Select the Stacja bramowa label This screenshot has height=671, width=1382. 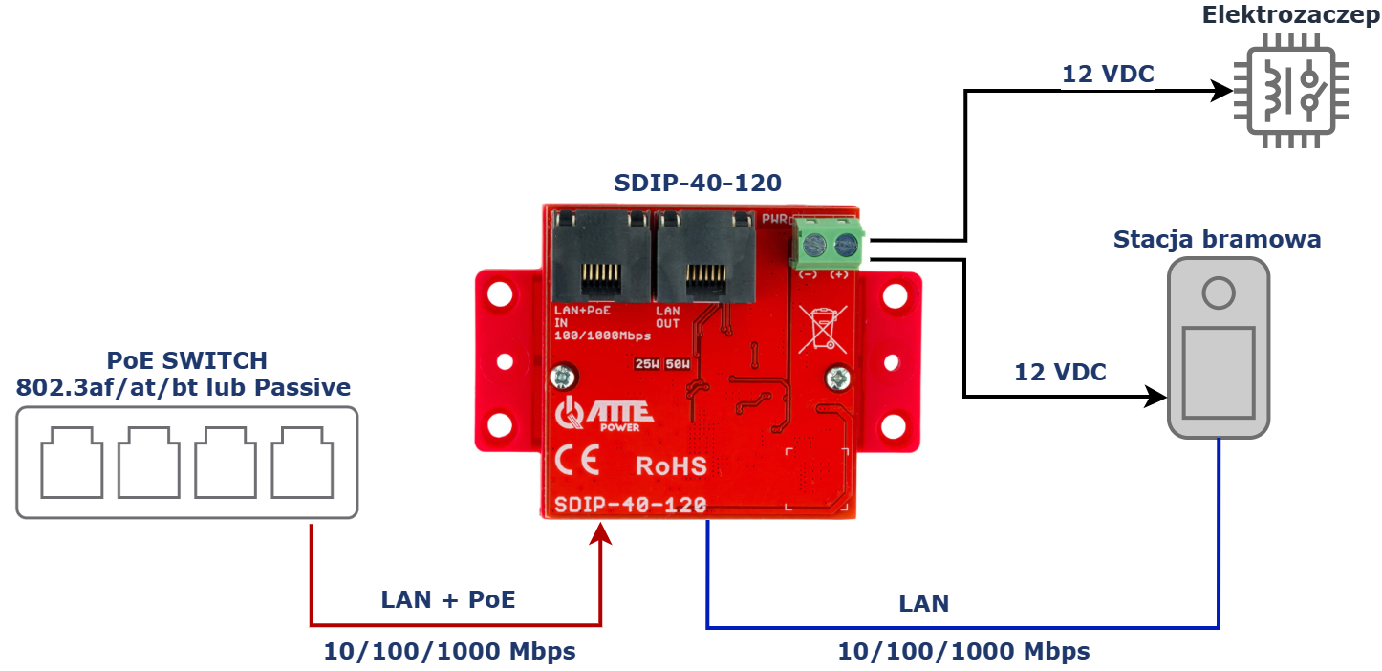1217,239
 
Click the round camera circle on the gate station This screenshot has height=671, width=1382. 1219,292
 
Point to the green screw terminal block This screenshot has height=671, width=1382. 827,244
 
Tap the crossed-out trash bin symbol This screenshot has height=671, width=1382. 821,327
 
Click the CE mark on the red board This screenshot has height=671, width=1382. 577,464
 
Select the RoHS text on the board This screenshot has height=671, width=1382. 672,466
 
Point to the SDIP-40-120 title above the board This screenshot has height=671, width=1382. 697,183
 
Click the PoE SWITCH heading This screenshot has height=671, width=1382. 186,360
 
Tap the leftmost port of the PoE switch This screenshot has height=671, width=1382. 72,464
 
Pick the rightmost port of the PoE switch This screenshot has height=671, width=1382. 302,464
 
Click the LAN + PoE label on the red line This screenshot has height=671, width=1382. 448,600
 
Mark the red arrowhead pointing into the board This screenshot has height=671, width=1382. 600,531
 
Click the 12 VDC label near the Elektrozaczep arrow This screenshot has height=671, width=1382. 1108,74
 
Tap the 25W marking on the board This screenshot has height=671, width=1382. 647,364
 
